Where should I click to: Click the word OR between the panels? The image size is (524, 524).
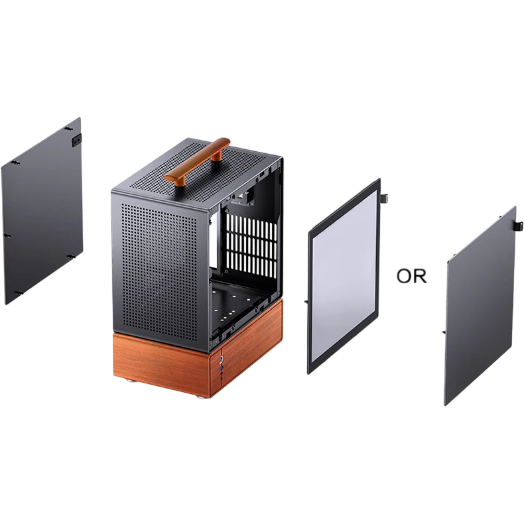click(411, 276)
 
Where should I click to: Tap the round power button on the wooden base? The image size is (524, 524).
click(221, 360)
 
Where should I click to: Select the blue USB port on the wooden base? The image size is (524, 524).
click(221, 368)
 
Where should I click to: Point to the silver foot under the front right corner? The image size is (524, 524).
click(202, 397)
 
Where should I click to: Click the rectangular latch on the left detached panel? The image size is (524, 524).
click(76, 140)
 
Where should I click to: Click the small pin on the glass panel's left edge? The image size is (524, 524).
click(306, 301)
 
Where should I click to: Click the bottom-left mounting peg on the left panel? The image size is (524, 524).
click(19, 293)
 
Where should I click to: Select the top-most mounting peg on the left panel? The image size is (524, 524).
click(69, 129)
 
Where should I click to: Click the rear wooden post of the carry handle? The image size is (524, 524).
click(218, 155)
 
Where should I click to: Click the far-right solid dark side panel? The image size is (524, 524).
click(480, 306)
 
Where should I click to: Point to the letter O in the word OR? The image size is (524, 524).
click(404, 277)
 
